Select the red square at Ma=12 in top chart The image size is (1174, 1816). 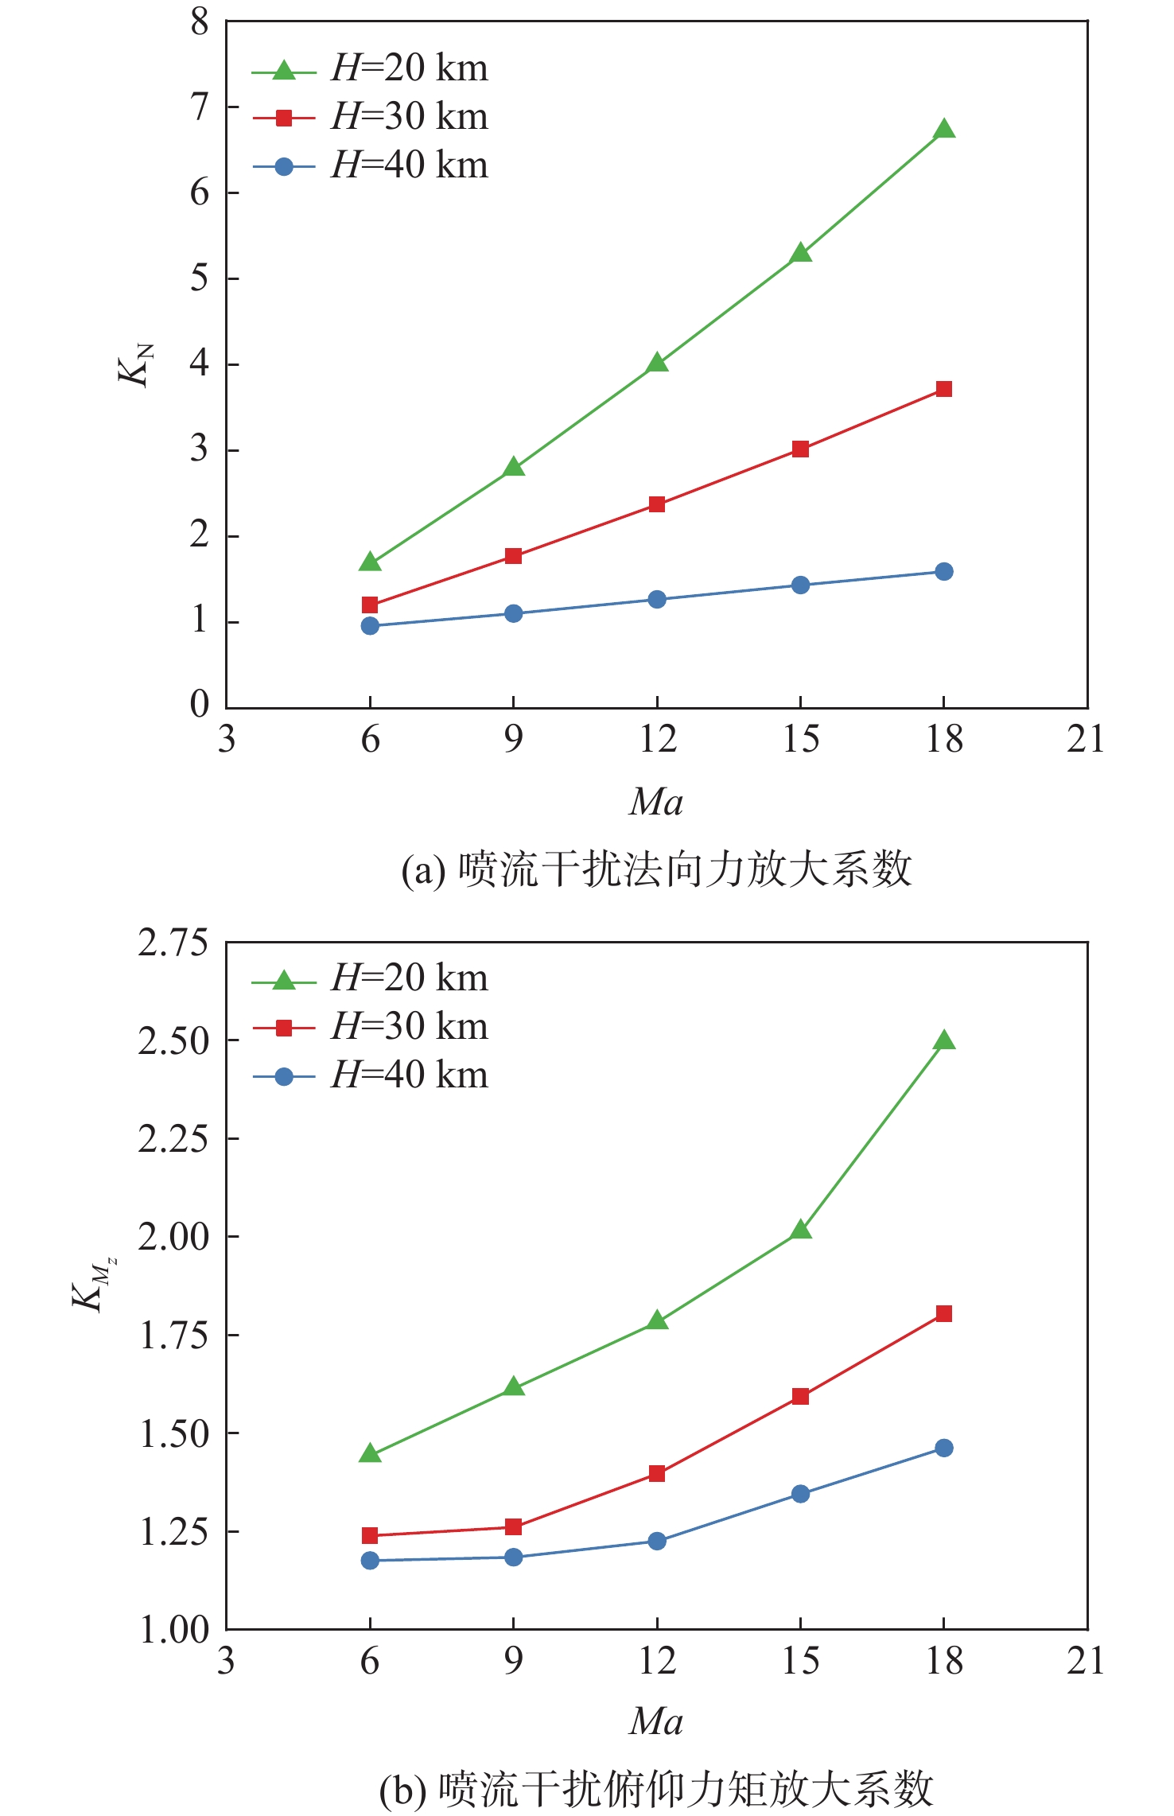click(x=657, y=504)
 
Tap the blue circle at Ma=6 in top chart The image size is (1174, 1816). click(x=370, y=626)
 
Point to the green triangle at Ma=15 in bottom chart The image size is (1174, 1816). click(x=801, y=1231)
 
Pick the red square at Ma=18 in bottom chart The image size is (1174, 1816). click(x=944, y=1313)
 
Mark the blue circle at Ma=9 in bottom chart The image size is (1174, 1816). click(x=514, y=1557)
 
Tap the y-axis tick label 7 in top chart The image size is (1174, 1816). click(x=200, y=107)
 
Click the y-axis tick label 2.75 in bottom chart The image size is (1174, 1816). click(x=173, y=943)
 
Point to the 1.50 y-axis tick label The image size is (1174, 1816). click(x=173, y=1433)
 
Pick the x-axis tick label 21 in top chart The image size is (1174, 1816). click(x=1086, y=740)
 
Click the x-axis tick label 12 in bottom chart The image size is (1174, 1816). click(x=658, y=1661)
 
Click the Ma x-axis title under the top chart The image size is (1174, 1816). click(x=656, y=802)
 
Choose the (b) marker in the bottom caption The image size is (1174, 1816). click(x=402, y=1791)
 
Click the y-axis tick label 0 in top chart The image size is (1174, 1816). click(x=200, y=704)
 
